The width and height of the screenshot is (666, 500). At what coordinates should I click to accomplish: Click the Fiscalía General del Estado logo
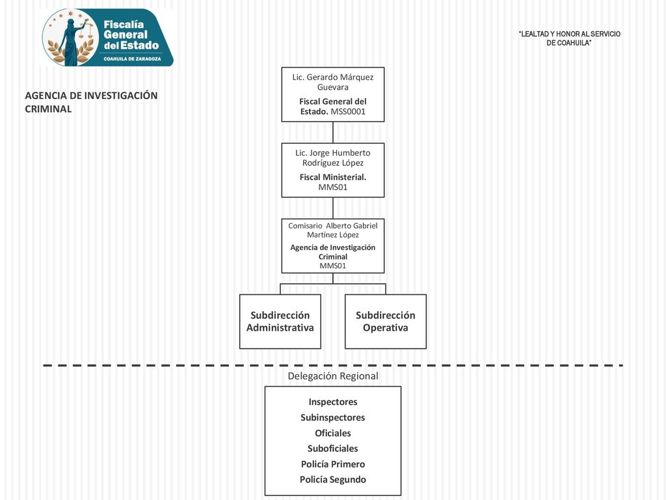click(107, 37)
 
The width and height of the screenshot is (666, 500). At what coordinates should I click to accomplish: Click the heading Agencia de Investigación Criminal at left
click(91, 102)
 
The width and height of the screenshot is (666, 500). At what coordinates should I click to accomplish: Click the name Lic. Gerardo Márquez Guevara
click(332, 82)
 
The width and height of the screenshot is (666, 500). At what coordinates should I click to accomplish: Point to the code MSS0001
click(348, 112)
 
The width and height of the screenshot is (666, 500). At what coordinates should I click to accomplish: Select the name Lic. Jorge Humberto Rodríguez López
click(332, 158)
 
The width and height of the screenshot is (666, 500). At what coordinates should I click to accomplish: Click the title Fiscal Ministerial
click(332, 177)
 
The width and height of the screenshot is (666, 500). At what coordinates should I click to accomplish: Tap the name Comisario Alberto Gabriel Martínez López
click(332, 230)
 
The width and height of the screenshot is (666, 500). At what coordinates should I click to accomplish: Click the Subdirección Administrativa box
click(280, 322)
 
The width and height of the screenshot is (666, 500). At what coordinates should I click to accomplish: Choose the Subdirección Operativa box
click(386, 322)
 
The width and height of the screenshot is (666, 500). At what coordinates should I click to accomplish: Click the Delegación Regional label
click(333, 376)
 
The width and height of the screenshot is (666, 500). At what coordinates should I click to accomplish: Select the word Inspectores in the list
click(333, 402)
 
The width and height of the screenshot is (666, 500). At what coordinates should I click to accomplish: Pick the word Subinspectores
click(333, 417)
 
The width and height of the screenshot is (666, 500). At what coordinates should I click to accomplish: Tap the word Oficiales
click(333, 433)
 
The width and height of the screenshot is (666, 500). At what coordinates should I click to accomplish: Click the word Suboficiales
click(333, 449)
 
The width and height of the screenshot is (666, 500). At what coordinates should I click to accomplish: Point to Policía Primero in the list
click(333, 464)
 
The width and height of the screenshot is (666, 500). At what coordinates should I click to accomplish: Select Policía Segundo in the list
click(333, 480)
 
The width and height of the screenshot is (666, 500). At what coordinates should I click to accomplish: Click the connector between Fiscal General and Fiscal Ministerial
click(333, 132)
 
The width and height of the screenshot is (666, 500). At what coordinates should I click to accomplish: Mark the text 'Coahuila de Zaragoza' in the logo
click(132, 59)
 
